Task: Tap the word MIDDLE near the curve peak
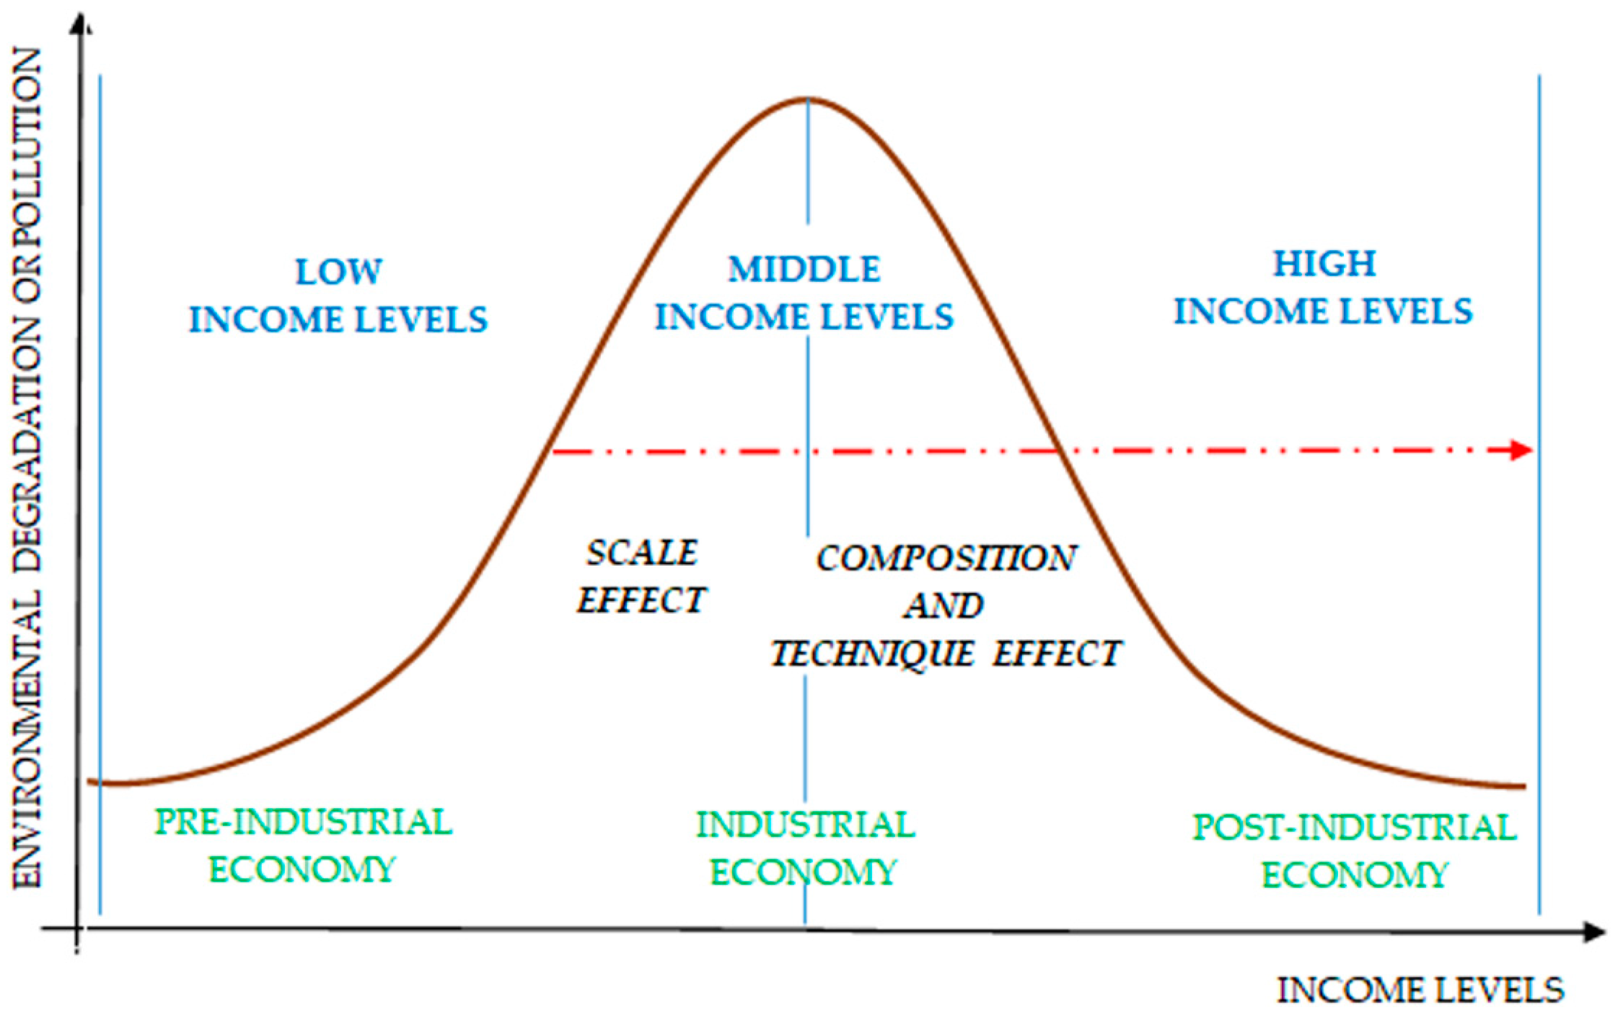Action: click(x=804, y=269)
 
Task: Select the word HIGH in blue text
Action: click(x=1324, y=263)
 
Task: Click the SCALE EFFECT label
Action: click(x=642, y=576)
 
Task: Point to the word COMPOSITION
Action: click(x=945, y=558)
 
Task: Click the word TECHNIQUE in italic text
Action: click(x=872, y=653)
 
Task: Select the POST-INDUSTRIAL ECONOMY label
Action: click(x=1355, y=850)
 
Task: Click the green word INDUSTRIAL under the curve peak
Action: click(x=805, y=824)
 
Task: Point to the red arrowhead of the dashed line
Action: click(x=1521, y=450)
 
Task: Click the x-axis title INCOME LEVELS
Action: click(x=1420, y=990)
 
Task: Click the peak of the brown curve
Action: click(x=808, y=99)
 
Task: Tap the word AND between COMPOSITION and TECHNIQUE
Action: click(x=944, y=606)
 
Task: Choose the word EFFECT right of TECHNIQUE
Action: click(x=1056, y=653)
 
